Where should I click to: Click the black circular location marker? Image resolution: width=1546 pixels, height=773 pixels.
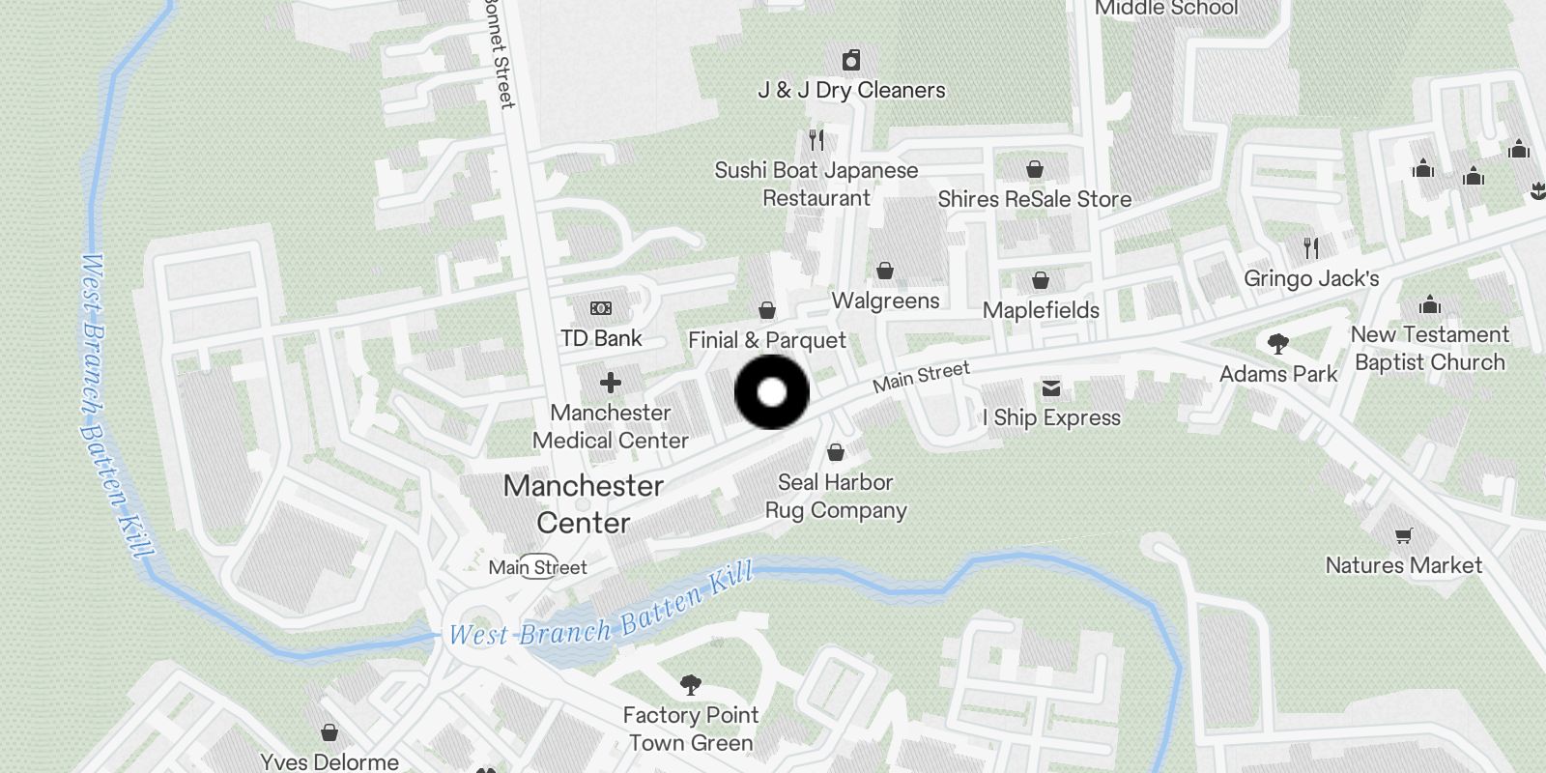(772, 392)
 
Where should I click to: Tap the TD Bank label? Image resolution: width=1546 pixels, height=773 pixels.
(601, 338)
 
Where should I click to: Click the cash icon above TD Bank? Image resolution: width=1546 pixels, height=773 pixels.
(601, 308)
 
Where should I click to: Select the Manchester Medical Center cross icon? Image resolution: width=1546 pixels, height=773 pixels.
(611, 383)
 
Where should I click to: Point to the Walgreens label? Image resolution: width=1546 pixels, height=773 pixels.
(885, 301)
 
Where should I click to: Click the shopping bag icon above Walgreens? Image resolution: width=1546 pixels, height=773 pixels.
(885, 271)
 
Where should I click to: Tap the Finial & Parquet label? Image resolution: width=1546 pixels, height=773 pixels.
(766, 340)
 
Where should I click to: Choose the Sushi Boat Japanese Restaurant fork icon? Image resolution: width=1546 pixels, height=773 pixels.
(816, 140)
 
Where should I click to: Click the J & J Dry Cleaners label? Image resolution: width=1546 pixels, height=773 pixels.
(851, 90)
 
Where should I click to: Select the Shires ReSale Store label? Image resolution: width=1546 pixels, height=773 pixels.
(1034, 199)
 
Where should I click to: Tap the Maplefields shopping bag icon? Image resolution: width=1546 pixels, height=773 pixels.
(1041, 280)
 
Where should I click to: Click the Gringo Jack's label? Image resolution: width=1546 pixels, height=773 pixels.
(1311, 278)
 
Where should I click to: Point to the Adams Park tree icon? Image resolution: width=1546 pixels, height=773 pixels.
(1278, 343)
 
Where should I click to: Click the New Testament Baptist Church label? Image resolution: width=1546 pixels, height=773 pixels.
(1430, 348)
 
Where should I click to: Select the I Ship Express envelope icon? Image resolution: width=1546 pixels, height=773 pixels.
(1051, 388)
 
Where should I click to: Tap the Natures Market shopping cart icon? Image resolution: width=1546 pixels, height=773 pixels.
(1404, 535)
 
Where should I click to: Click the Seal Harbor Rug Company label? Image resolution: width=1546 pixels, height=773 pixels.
(836, 496)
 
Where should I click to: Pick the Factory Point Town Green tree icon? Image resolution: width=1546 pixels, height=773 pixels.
(690, 685)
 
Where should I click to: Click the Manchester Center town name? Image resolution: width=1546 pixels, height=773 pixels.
(584, 503)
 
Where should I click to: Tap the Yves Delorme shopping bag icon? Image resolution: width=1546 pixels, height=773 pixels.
(329, 732)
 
